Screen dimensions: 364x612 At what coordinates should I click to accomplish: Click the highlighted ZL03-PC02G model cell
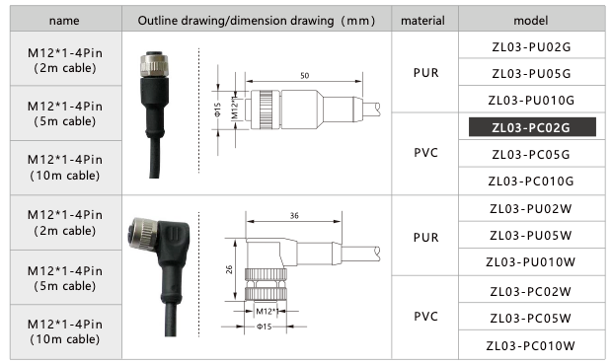tap(530, 127)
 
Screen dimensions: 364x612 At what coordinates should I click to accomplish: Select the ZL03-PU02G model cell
tap(530, 46)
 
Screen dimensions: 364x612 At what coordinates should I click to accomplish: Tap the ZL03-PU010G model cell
tap(530, 100)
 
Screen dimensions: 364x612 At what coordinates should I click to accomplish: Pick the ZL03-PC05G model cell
tap(530, 154)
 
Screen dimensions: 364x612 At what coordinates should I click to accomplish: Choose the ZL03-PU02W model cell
tap(530, 208)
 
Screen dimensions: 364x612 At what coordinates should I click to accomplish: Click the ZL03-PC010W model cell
tap(530, 344)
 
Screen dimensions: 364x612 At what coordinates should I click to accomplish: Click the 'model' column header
tap(530, 20)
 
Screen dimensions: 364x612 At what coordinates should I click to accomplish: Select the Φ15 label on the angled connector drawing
tap(264, 327)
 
